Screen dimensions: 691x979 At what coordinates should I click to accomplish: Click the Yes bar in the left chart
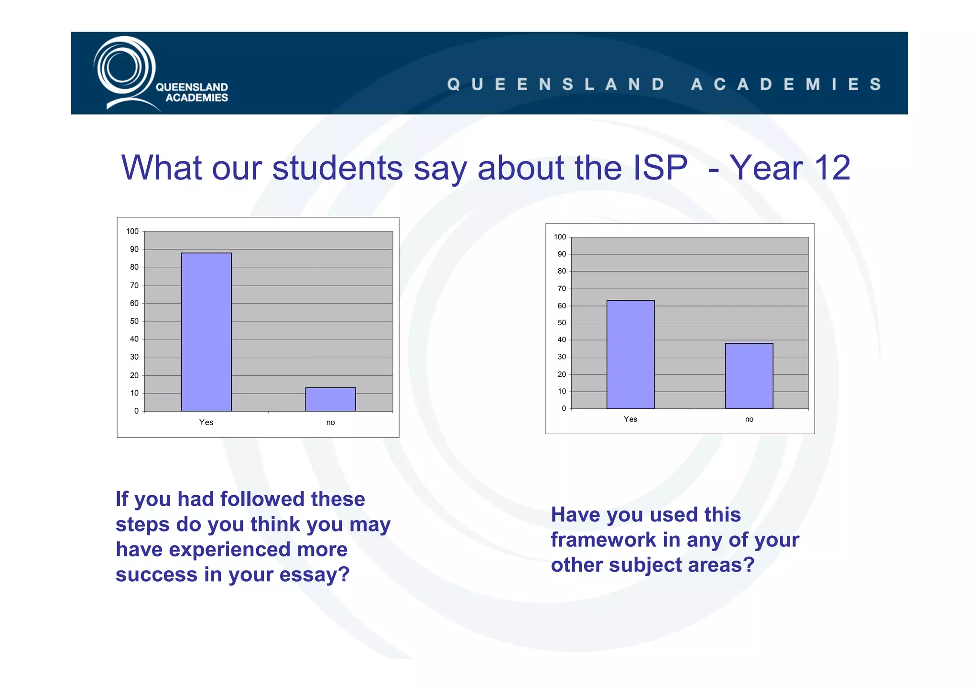coord(206,332)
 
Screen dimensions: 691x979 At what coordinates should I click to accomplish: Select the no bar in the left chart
coord(330,399)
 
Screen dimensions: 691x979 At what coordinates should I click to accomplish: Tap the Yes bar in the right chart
coord(630,354)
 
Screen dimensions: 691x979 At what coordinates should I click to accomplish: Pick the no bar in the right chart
coord(749,376)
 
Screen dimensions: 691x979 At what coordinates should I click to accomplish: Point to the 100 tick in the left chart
coord(132,232)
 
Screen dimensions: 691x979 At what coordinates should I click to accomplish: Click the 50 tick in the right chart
coord(561,323)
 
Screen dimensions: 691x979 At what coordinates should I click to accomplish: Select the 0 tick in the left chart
coord(136,411)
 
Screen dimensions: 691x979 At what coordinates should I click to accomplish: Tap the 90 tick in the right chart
coord(561,254)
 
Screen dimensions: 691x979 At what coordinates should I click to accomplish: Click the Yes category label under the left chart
coord(206,422)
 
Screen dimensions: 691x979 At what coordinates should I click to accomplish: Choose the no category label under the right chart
coord(749,419)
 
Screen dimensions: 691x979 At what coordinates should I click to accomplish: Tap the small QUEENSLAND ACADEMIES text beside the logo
coord(192,92)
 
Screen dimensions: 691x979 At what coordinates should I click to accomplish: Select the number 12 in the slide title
coord(832,168)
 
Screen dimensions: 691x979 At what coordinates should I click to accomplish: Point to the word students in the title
coord(337,168)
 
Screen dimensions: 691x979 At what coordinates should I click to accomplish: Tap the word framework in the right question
coord(603,540)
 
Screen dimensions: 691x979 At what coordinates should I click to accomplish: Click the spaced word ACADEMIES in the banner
coord(786,85)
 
